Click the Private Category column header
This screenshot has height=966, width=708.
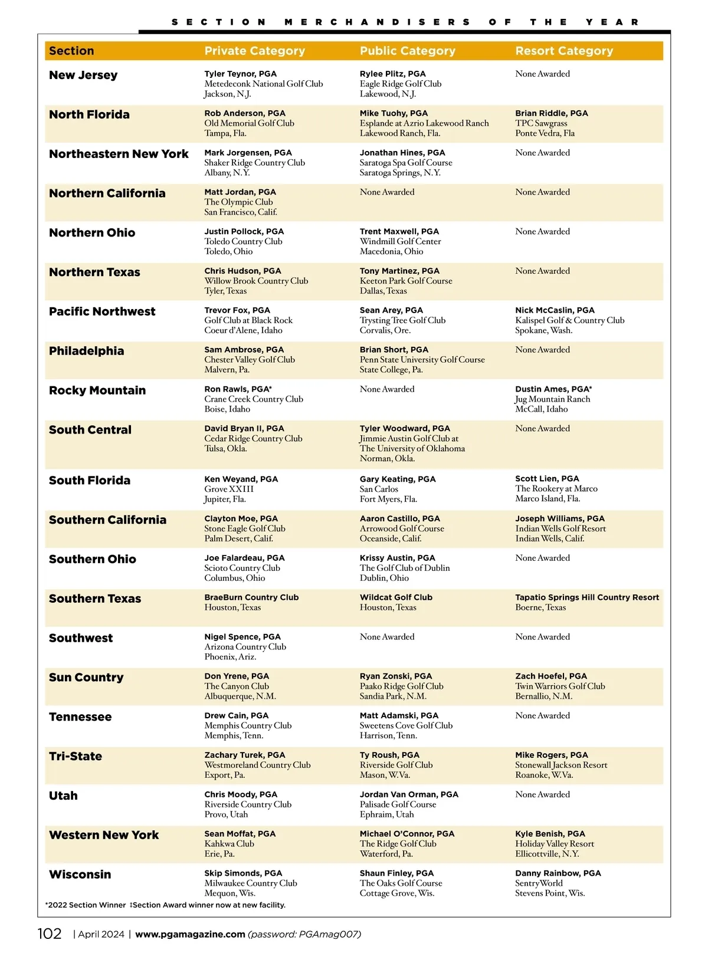(x=254, y=51)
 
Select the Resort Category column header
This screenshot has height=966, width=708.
(x=564, y=51)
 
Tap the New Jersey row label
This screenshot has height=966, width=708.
(x=83, y=75)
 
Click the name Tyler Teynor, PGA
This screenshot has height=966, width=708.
(x=240, y=74)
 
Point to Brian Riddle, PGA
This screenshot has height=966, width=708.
(x=551, y=113)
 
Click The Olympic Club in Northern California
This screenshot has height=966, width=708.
(x=238, y=202)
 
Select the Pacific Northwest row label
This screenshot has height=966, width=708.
(x=102, y=312)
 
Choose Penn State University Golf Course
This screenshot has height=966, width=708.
(x=422, y=360)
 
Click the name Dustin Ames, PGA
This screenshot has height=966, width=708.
(x=553, y=389)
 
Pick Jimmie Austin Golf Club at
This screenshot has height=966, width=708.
(x=409, y=439)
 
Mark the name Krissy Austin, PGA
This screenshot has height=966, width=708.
(x=397, y=558)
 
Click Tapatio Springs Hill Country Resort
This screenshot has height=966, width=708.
(x=586, y=597)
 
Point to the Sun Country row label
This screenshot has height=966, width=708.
(x=86, y=678)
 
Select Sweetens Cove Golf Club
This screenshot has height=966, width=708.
(x=406, y=725)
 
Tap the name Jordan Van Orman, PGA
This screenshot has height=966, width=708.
(x=409, y=794)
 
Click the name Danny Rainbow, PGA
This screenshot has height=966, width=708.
(x=558, y=873)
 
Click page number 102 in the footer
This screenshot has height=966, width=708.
(x=50, y=934)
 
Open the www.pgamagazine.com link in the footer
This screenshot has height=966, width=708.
(x=190, y=934)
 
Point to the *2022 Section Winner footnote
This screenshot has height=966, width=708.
(x=86, y=905)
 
